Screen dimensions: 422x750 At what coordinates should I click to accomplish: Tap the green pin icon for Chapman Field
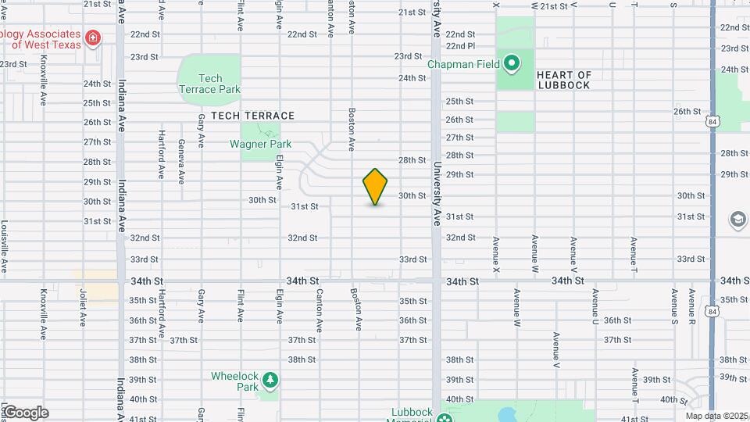[x=512, y=63]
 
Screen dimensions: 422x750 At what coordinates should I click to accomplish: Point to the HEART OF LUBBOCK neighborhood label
[x=563, y=80]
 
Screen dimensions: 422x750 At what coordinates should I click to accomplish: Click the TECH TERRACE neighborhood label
[x=252, y=116]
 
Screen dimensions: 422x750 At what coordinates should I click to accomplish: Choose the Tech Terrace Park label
[x=211, y=84]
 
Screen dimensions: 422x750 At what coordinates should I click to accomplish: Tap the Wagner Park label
[x=260, y=144]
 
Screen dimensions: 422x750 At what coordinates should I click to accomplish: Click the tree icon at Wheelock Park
[x=270, y=380]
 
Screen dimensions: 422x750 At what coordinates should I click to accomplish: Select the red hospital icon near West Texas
[x=93, y=38]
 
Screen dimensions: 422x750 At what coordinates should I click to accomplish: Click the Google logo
[x=26, y=413]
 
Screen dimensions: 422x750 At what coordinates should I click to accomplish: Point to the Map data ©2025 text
[x=717, y=416]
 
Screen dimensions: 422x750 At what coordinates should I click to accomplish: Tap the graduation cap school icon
[x=738, y=220]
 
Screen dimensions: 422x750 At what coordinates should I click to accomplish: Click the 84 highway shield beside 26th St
[x=711, y=122]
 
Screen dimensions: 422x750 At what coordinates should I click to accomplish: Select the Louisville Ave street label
[x=5, y=246]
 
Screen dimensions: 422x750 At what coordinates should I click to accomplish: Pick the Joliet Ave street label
[x=81, y=308]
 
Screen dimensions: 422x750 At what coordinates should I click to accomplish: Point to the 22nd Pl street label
[x=460, y=46]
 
